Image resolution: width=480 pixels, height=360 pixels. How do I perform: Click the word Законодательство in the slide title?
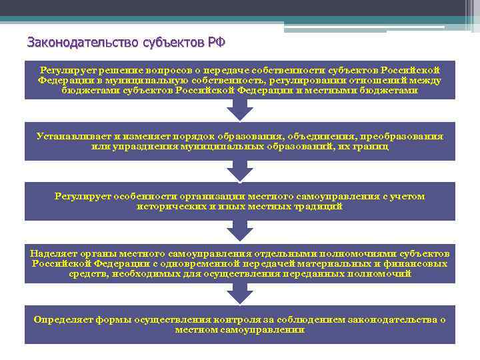click(x=83, y=43)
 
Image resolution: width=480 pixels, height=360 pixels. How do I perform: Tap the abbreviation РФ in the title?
click(x=215, y=43)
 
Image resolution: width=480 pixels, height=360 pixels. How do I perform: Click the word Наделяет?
click(x=53, y=253)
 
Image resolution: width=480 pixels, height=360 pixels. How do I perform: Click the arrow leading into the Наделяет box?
click(x=239, y=233)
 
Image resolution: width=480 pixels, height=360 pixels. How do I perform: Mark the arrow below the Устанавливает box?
click(x=239, y=171)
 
